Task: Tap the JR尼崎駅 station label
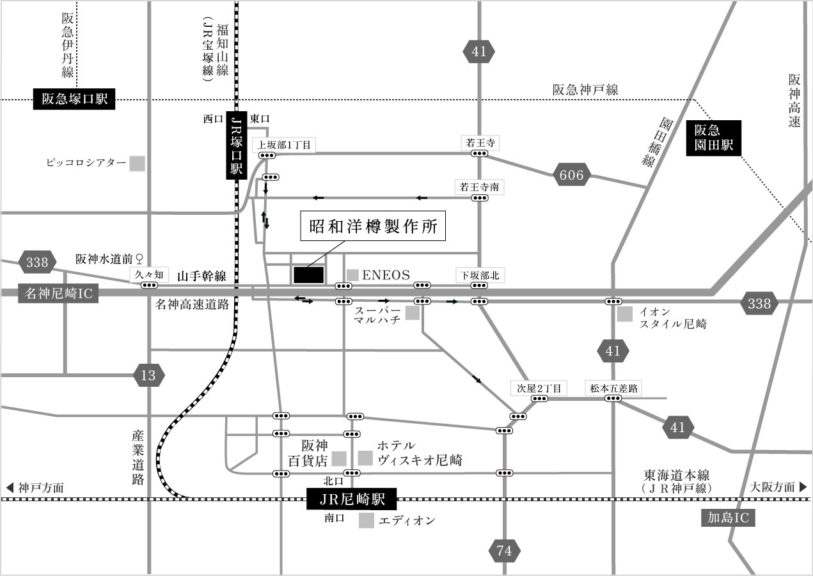pos(352,499)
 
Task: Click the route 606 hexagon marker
pos(571,175)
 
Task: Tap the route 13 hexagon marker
pos(148,375)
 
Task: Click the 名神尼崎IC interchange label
pos(59,293)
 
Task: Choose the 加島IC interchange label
pos(728,517)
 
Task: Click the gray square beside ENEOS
pos(352,274)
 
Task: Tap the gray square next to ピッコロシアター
pos(137,164)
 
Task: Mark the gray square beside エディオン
pos(366,520)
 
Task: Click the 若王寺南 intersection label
pos(479,187)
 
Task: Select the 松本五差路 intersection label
pos(614,387)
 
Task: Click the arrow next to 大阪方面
pos(803,487)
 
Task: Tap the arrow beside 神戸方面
pos(10,487)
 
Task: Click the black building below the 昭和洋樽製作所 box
pos(308,274)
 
